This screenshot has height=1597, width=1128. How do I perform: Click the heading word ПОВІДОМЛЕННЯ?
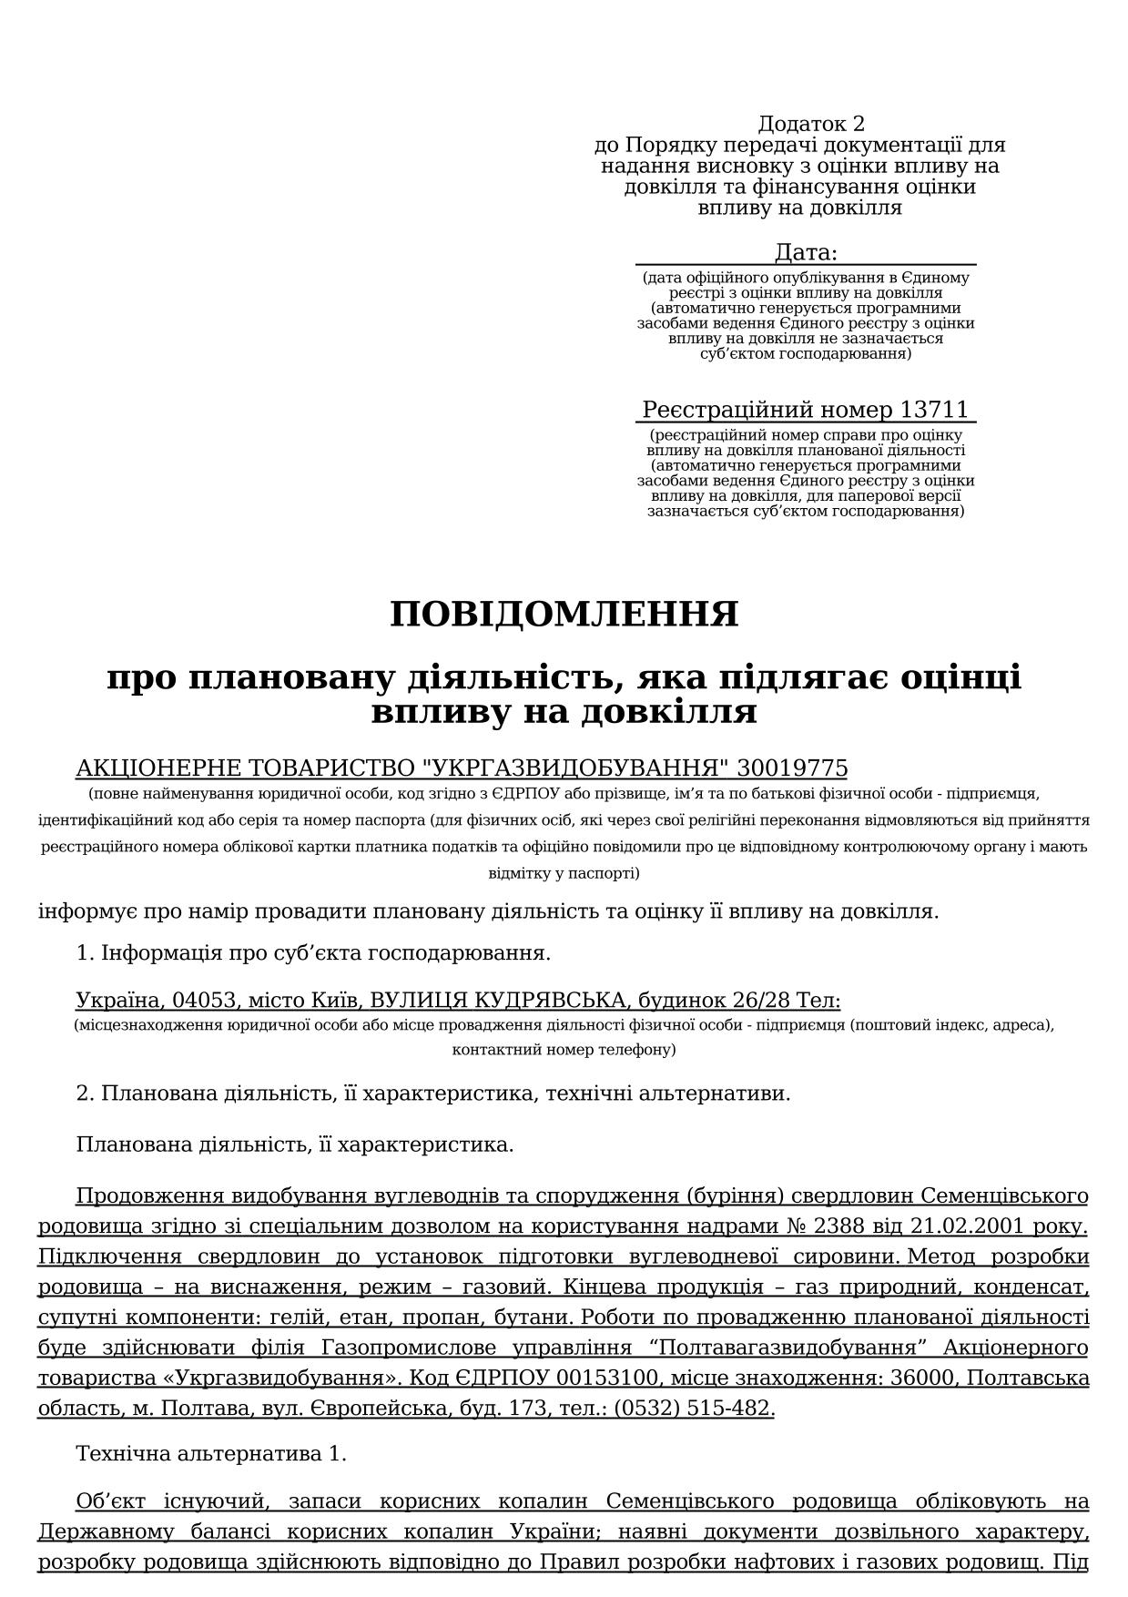coord(564,615)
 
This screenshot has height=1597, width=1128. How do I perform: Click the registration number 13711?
coord(934,410)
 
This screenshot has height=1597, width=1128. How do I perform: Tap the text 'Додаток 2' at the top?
coord(810,124)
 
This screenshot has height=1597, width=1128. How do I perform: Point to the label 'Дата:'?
coord(806,252)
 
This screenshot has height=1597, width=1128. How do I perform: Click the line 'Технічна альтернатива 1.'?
coord(211,1454)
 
